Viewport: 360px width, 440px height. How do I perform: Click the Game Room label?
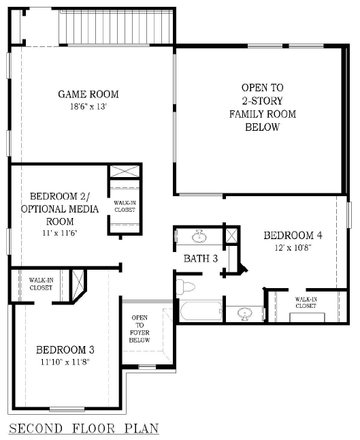(88, 94)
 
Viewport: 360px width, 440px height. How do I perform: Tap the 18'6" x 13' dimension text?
(88, 107)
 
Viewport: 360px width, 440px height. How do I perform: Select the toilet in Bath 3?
(185, 287)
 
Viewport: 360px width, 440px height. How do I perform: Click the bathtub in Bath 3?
(201, 311)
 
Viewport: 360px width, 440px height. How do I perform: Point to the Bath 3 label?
(201, 258)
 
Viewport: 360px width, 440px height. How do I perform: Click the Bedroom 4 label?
(293, 235)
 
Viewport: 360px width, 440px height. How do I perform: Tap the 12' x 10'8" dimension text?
(293, 247)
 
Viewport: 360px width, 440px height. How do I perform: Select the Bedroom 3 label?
(65, 349)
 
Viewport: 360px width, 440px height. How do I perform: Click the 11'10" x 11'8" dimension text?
(65, 362)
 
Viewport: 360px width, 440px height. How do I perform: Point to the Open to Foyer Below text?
(140, 329)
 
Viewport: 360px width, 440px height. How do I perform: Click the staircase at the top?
(116, 27)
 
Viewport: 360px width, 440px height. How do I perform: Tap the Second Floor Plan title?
(84, 429)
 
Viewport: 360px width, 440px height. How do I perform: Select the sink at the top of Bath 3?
(199, 236)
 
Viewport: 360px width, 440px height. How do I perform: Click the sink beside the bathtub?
(244, 314)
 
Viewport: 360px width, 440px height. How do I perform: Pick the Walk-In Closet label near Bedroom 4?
(306, 302)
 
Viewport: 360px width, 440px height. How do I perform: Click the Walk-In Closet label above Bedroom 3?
(41, 284)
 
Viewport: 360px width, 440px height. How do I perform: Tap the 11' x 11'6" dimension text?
(60, 233)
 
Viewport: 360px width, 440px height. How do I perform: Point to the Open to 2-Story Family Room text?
(263, 107)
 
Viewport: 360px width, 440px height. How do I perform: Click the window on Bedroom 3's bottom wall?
(67, 409)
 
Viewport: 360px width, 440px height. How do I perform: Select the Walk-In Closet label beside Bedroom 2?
(125, 206)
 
